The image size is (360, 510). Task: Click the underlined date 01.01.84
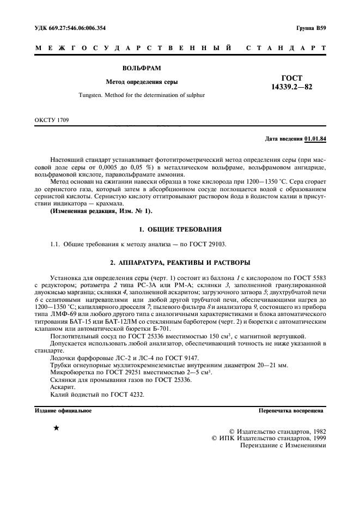click(x=315, y=139)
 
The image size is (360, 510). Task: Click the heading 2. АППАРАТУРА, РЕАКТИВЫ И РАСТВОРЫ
click(x=180, y=263)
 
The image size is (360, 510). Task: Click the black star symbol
click(x=56, y=428)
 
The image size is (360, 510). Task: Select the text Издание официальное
click(x=63, y=410)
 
